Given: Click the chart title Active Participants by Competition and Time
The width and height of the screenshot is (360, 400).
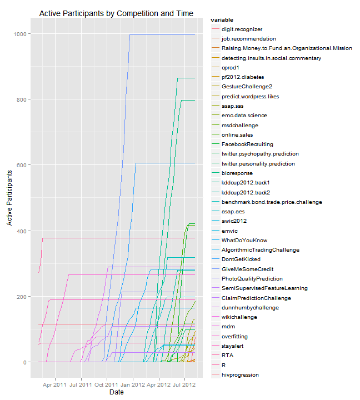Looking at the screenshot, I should (116, 13).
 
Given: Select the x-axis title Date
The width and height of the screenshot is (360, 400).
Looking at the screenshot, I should (116, 392).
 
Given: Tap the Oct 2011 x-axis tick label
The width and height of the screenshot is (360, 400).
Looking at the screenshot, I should (106, 383).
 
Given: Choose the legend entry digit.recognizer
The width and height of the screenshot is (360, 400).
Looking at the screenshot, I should (242, 29).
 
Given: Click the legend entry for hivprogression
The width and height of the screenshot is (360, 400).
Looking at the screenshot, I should (240, 375).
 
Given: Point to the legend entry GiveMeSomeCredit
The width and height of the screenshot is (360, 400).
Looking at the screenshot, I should (247, 269).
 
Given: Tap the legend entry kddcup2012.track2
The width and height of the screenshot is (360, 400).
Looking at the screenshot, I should (246, 192).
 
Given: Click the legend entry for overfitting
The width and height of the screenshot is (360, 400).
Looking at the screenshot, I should (234, 337).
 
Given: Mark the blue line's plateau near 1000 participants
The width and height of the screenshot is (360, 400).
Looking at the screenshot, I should (161, 34).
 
